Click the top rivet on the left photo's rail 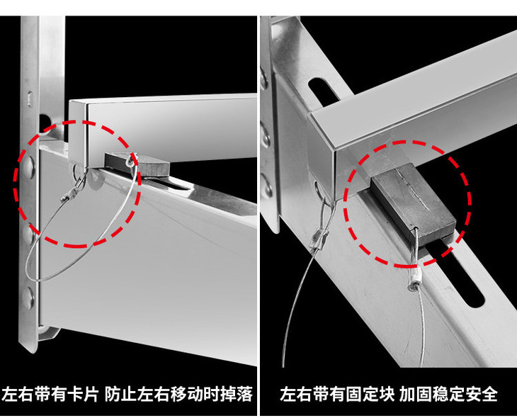29,166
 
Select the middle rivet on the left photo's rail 28,234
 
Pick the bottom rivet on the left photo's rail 28,298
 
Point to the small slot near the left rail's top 30,99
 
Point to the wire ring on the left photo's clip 131,161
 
